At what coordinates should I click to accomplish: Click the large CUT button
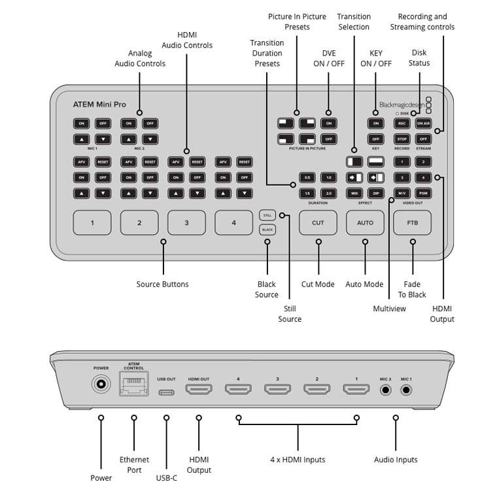pos(318,222)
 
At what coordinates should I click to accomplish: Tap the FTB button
pos(412,222)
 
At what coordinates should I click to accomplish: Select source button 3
pos(186,222)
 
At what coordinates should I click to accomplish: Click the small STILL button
pos(267,214)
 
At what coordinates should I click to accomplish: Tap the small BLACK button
pos(267,230)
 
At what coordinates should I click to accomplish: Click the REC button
pos(402,124)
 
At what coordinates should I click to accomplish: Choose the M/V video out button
pos(402,193)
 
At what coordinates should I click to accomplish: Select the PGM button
pos(423,193)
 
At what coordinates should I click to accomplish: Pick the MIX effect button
pos(354,193)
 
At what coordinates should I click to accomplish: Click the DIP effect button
pos(375,193)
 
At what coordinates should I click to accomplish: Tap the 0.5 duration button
pos(307,177)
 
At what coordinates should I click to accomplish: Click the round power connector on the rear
pos(101,385)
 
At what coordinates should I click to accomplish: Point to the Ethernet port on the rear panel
pos(133,385)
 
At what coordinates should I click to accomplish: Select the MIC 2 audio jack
pos(386,390)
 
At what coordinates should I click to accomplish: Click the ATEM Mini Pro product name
pos(99,105)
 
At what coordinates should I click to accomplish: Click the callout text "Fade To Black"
pos(412,290)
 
